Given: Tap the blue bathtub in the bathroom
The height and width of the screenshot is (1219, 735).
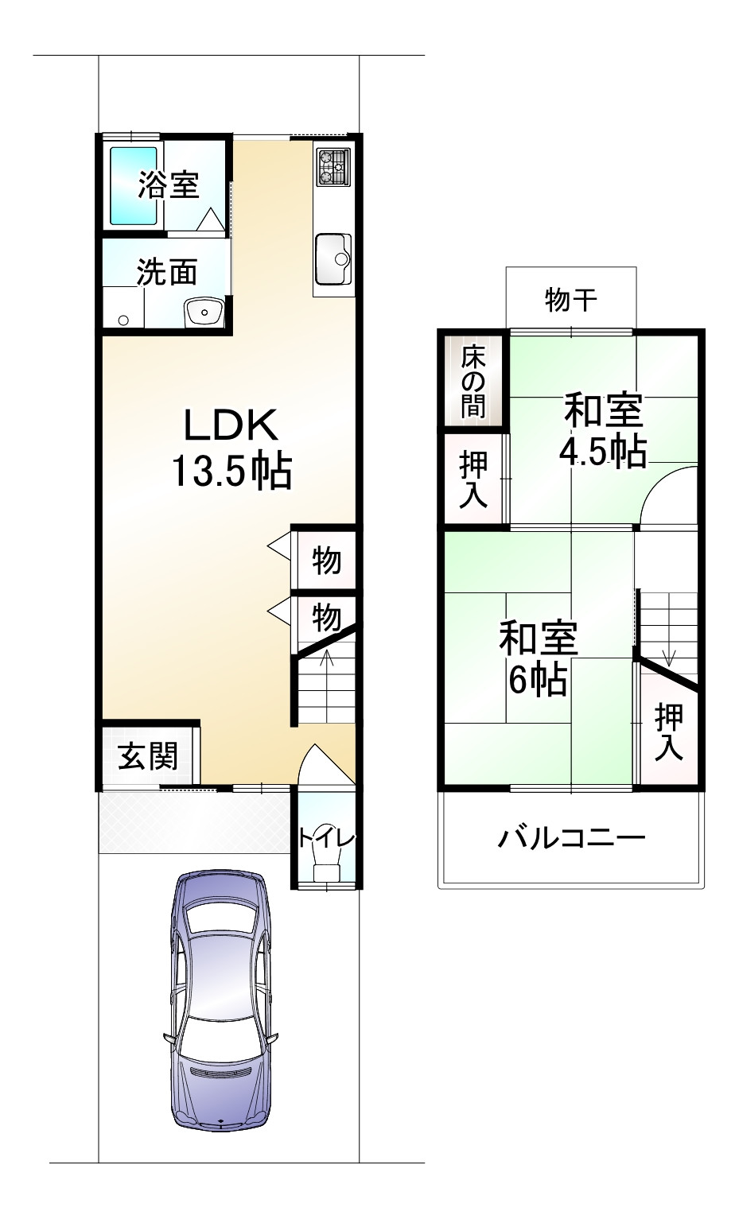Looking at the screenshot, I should [133, 185].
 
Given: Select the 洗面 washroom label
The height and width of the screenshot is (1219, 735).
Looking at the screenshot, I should [167, 272].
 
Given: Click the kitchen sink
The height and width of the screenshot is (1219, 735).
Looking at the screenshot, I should [333, 258].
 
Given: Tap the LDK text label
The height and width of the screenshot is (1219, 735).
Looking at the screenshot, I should [231, 425].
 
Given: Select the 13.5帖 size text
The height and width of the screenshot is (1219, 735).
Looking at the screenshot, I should [231, 472].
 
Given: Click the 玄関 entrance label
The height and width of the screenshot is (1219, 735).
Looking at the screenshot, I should [147, 756].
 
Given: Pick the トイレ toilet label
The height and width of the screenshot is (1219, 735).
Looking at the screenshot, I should [326, 837].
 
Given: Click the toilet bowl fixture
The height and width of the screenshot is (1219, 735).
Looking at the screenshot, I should [326, 863].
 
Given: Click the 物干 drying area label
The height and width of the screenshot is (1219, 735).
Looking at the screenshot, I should [571, 300].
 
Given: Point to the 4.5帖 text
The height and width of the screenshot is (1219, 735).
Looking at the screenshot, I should [602, 452].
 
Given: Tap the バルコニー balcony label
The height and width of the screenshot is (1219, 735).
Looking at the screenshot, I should [571, 837].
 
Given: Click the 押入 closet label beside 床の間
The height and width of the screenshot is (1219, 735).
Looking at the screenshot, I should [474, 479].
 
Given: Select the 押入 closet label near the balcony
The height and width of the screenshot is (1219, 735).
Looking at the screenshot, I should [669, 732].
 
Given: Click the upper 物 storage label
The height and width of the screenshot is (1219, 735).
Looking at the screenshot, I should [326, 561].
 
